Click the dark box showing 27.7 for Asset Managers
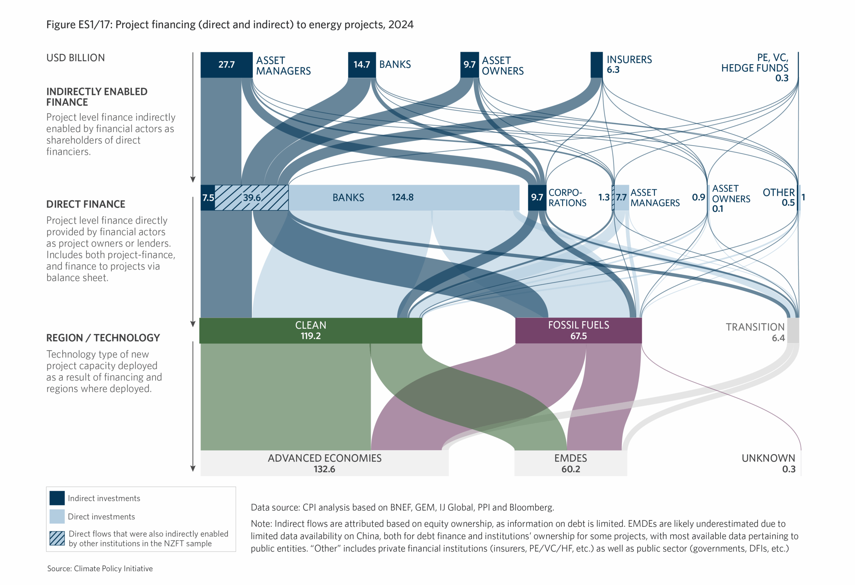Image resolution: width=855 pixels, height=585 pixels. click(x=226, y=65)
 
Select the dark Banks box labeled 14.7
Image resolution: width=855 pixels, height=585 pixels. click(x=362, y=65)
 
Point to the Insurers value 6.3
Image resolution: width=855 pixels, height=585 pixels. click(x=613, y=70)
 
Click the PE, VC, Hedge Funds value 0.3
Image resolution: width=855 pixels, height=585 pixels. click(x=782, y=78)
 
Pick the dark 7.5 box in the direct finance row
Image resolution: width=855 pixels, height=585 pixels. click(x=208, y=198)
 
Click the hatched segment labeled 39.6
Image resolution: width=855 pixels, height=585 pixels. click(x=251, y=198)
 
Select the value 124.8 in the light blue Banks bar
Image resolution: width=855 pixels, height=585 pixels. click(x=402, y=197)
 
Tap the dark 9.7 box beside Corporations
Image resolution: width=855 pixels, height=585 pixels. click(x=537, y=197)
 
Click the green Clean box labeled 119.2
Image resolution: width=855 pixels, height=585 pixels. click(x=311, y=331)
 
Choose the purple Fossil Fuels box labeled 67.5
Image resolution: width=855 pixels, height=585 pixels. click(x=578, y=331)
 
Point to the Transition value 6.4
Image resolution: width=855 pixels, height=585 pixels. click(x=778, y=338)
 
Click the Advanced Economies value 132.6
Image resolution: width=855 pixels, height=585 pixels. click(x=324, y=469)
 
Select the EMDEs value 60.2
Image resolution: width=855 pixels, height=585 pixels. click(x=571, y=469)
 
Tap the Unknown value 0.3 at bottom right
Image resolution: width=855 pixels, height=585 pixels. click(x=789, y=469)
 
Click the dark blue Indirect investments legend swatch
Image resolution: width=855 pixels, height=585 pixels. click(x=57, y=498)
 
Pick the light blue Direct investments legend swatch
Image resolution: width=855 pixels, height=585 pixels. click(x=57, y=516)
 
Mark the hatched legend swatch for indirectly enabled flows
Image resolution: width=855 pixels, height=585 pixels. click(x=57, y=538)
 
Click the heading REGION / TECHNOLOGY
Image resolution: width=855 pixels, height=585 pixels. click(x=103, y=338)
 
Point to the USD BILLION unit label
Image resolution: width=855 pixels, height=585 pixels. click(x=75, y=58)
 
